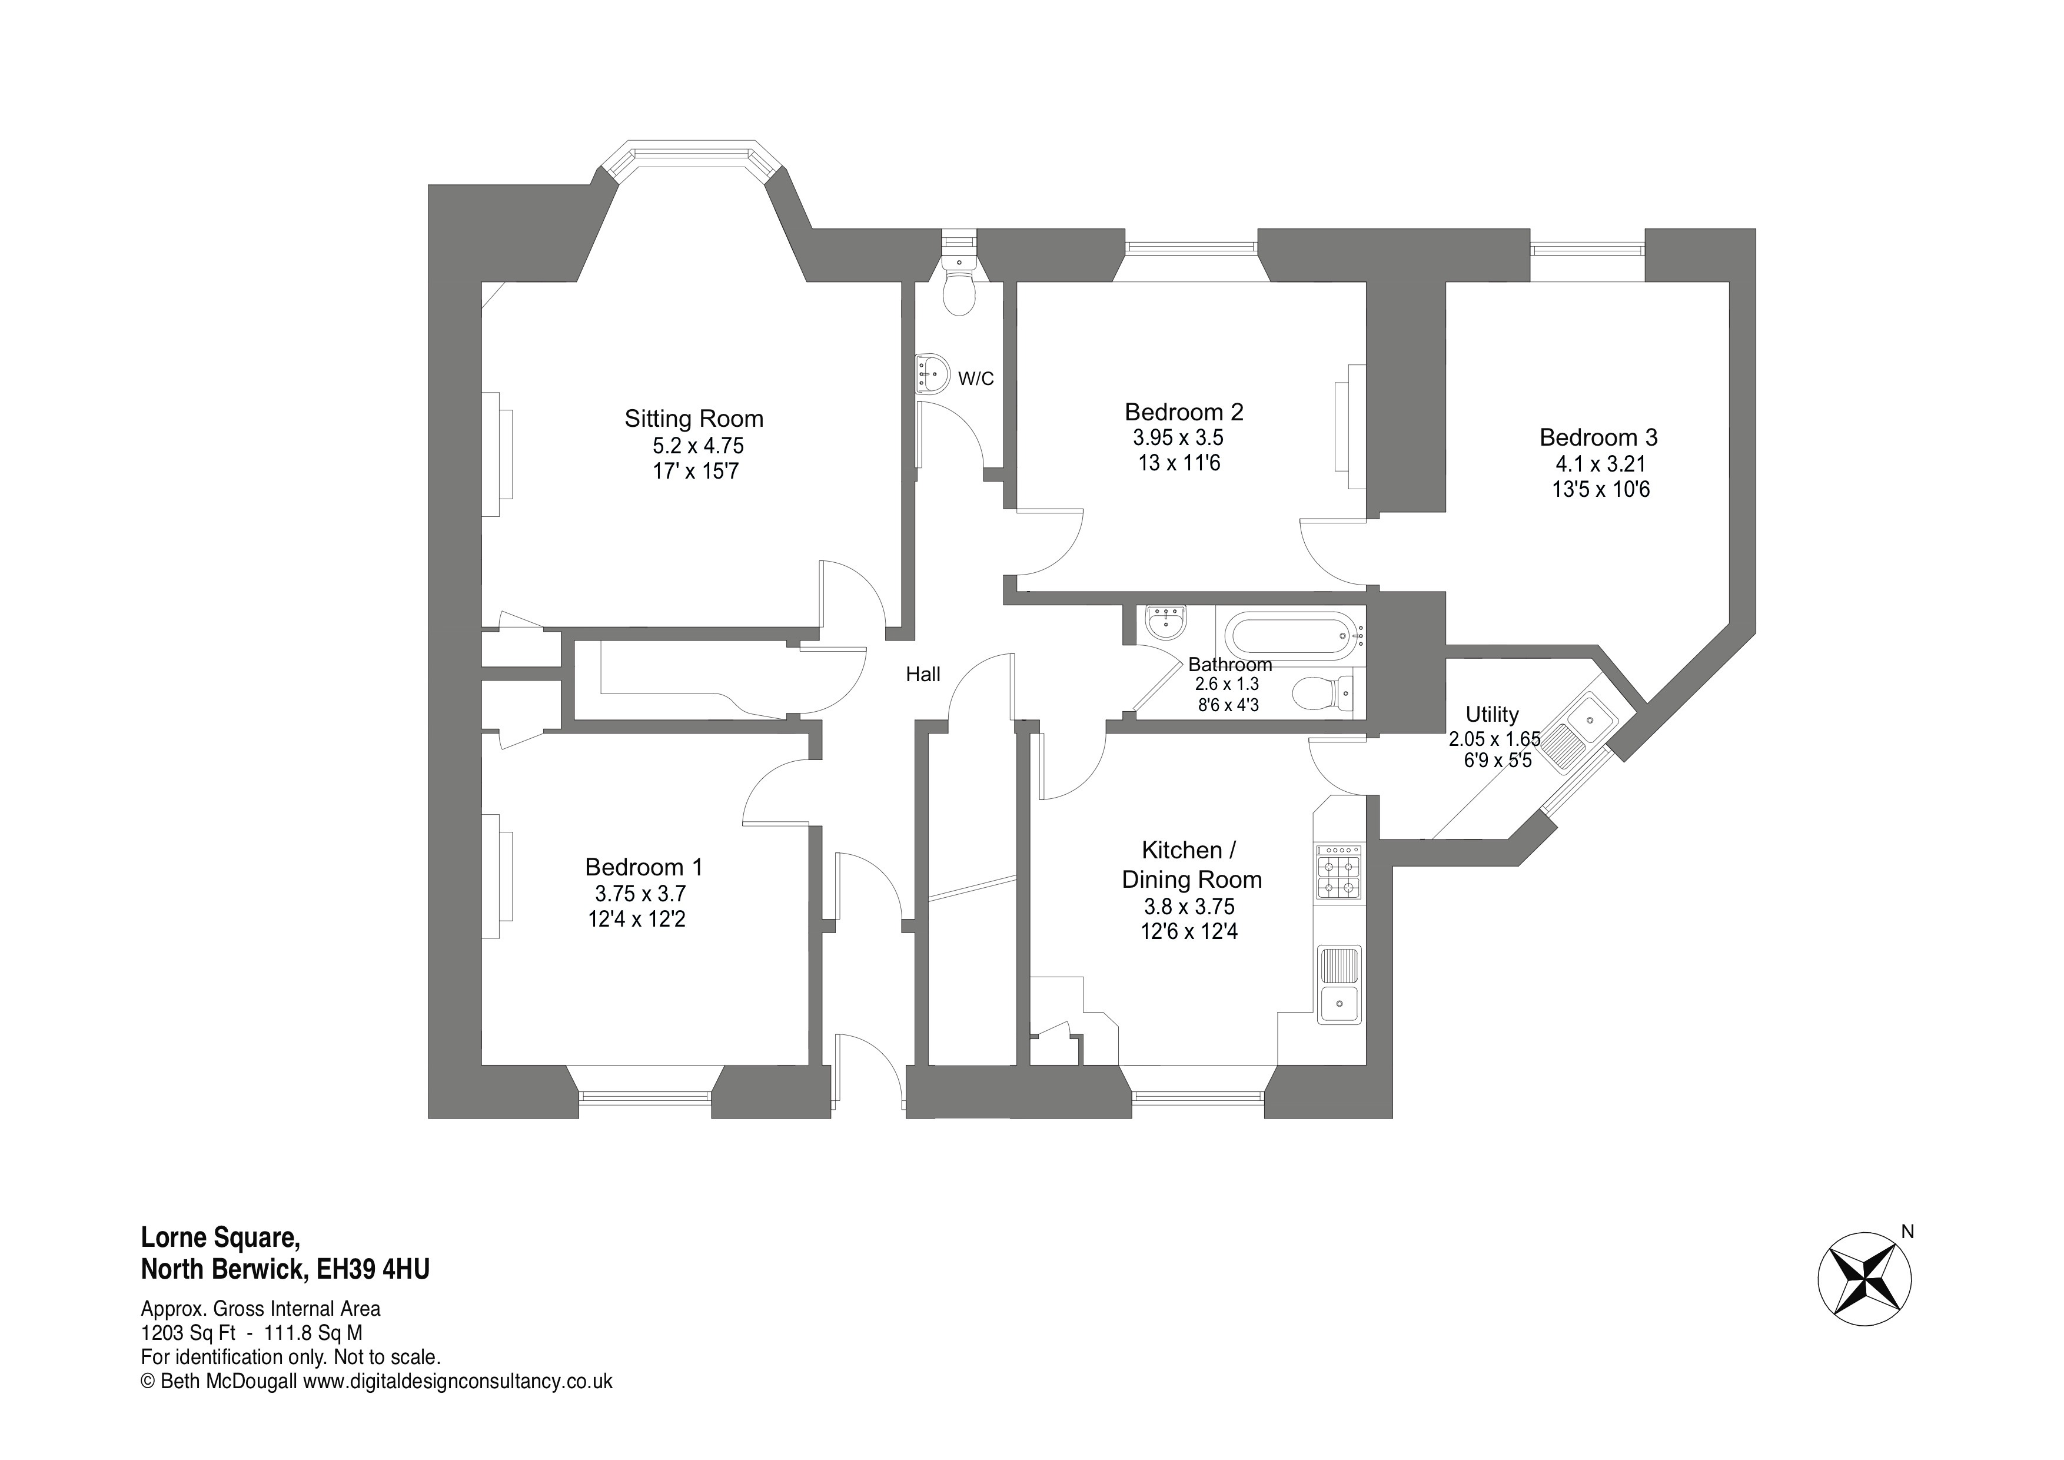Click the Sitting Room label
(x=694, y=419)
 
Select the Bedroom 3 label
(x=1598, y=438)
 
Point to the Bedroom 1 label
(x=644, y=868)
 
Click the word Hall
(x=923, y=674)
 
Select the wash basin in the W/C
(x=933, y=373)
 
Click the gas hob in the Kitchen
(x=1338, y=872)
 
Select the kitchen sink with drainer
(x=1340, y=984)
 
